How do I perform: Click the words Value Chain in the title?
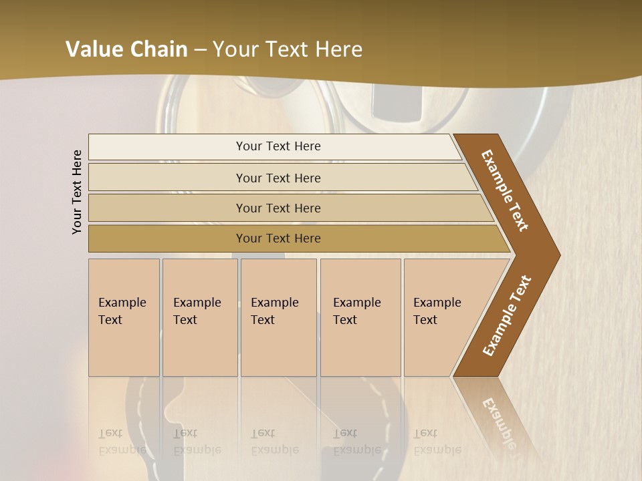point(126,49)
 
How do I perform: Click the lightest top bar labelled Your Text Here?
point(278,146)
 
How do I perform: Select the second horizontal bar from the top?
point(278,178)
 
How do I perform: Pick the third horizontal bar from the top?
point(278,208)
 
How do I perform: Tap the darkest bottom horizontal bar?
point(278,238)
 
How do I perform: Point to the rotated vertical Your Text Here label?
point(77,192)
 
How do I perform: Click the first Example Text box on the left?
point(124,317)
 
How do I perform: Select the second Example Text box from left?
point(199,317)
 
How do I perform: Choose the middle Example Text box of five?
point(278,317)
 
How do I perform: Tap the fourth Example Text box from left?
point(360,317)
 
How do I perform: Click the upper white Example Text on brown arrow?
point(505,190)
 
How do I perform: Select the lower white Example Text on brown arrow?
point(507,315)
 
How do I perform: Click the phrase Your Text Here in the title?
point(288,49)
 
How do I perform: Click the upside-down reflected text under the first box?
point(122,442)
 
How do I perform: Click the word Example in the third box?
point(274,303)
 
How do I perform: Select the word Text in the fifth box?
point(425,320)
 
